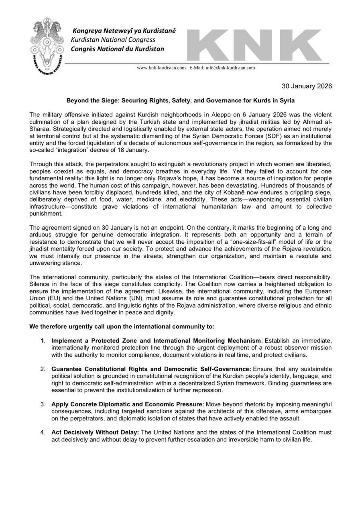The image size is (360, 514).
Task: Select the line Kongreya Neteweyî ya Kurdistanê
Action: coord(124,31)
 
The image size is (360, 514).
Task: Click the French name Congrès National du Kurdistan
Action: coord(117,49)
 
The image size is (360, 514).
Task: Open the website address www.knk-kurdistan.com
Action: coord(161,68)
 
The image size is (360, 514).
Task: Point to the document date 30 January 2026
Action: coord(306,86)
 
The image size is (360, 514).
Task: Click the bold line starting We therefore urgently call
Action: coord(122,326)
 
